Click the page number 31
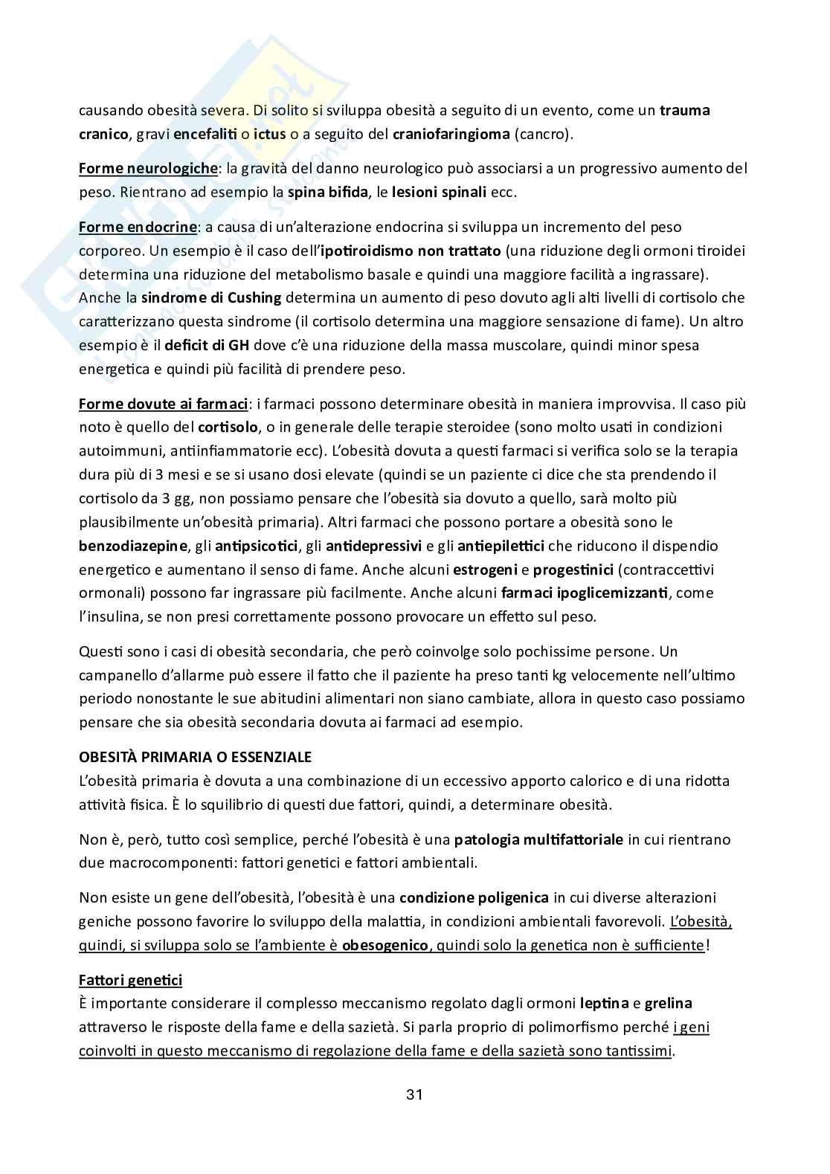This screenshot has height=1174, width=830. tap(414, 1094)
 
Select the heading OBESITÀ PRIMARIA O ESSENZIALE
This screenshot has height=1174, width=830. tap(195, 757)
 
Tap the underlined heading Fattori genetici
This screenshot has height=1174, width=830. tap(130, 980)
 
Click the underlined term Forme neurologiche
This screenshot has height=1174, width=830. tap(147, 168)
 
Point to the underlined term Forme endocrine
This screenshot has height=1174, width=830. tap(138, 226)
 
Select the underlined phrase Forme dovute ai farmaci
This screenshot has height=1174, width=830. tap(163, 404)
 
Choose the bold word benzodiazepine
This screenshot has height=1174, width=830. tap(133, 546)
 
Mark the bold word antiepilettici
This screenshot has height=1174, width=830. tap(501, 546)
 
